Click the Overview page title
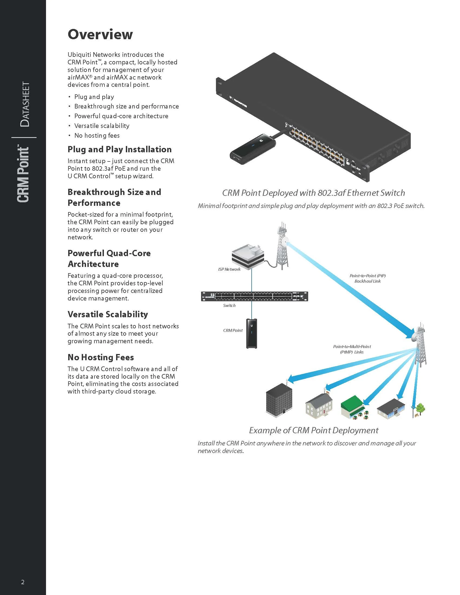point(100,34)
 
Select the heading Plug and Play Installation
point(119,149)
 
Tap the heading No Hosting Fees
point(101,357)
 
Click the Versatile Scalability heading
point(108,314)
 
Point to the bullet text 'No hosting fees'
point(97,135)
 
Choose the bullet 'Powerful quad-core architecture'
point(121,116)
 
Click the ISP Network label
point(229,269)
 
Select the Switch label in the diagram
point(229,305)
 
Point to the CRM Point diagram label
point(233,330)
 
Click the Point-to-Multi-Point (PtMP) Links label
point(352,349)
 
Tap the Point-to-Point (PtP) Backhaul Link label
point(368,278)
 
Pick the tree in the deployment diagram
point(420,409)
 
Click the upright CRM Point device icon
point(252,333)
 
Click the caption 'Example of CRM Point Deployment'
point(314,431)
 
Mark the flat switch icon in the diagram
point(255,296)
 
